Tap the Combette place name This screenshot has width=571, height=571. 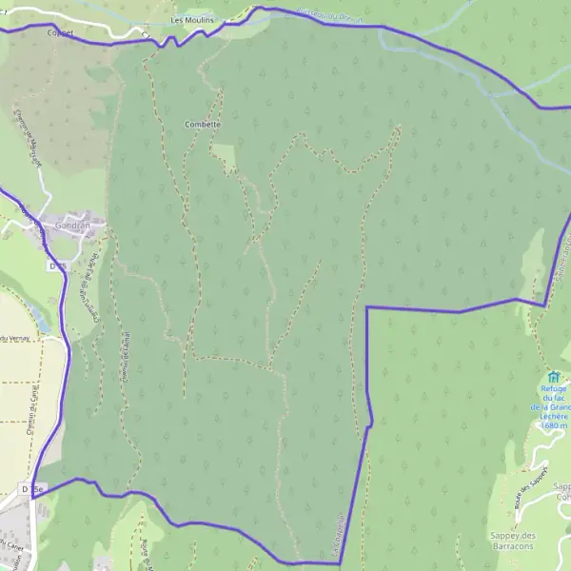[x=203, y=125]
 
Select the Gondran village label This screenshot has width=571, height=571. [x=71, y=227]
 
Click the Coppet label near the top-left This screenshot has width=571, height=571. [x=59, y=31]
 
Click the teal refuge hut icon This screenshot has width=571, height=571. [x=554, y=378]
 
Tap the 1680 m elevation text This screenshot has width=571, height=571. [x=553, y=425]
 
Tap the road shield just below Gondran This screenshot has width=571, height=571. [x=56, y=267]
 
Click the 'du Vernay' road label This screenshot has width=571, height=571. [x=14, y=339]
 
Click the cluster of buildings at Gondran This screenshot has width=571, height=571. [x=78, y=221]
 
